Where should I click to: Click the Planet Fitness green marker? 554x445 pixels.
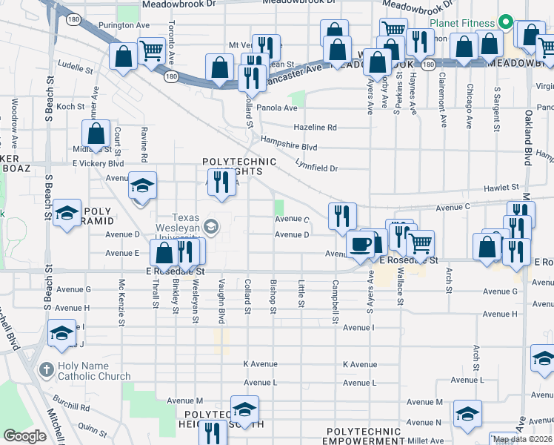click(x=507, y=22)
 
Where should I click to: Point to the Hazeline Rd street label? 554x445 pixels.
click(x=315, y=128)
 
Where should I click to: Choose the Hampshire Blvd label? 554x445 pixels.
click(x=288, y=147)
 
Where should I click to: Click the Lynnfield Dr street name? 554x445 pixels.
click(x=316, y=168)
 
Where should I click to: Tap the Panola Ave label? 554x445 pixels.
click(x=278, y=108)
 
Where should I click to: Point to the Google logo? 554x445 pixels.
click(x=24, y=435)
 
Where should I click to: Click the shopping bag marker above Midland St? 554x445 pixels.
click(x=96, y=134)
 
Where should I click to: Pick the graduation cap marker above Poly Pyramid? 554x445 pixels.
click(x=67, y=214)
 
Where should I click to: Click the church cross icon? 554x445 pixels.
click(x=45, y=369)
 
